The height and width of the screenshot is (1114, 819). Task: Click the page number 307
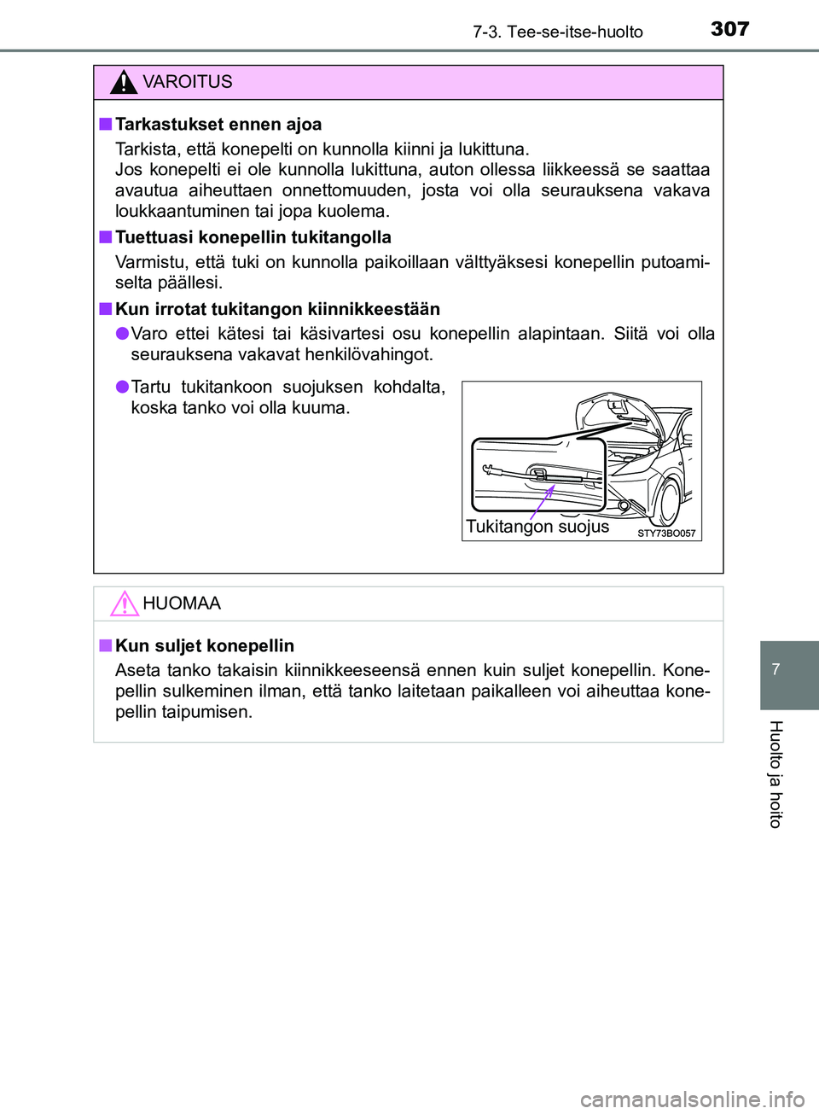tap(729, 29)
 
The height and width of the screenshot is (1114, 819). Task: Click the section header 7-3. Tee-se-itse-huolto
tap(557, 32)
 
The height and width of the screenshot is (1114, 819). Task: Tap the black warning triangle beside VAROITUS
tap(124, 82)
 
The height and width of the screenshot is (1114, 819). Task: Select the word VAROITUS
tap(187, 82)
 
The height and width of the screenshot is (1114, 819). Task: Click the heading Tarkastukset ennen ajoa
tap(218, 125)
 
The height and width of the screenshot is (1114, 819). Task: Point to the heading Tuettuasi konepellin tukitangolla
tap(253, 237)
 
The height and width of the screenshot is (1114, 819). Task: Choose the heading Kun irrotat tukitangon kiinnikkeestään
tap(277, 309)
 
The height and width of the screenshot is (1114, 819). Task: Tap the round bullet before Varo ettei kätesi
tap(122, 333)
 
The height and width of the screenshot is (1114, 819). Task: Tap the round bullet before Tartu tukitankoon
tap(122, 387)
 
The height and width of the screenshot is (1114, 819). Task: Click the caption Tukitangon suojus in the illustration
tap(537, 527)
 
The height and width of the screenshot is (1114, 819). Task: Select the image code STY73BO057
tap(666, 534)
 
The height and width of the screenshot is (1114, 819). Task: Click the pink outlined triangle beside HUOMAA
tap(124, 604)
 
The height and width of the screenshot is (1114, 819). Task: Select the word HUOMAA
tap(182, 604)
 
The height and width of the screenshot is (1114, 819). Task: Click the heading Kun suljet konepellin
tap(204, 646)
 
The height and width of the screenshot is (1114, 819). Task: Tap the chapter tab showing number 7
tap(776, 670)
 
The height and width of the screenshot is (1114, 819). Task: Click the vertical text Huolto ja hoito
tap(775, 773)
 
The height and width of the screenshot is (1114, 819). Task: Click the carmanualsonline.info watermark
tap(692, 1099)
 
